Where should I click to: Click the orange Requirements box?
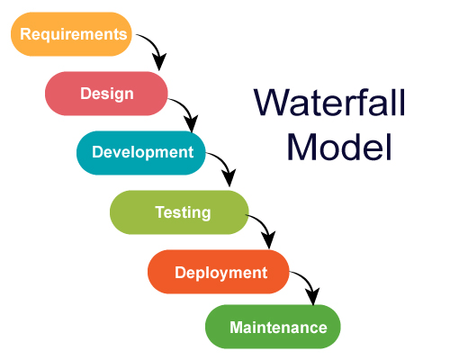coord(71,35)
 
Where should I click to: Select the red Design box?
coord(106,94)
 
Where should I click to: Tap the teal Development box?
coord(141,152)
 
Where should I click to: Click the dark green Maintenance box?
coord(274,327)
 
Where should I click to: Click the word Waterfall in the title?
coord(330,103)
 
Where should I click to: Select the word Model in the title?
coord(341,147)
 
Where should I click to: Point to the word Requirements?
coord(71,35)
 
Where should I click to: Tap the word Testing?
coord(183,213)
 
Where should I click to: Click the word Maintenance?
coord(278,327)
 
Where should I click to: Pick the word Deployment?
coord(220,273)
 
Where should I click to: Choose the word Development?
coord(142,152)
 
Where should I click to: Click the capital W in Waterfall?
coord(270,103)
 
